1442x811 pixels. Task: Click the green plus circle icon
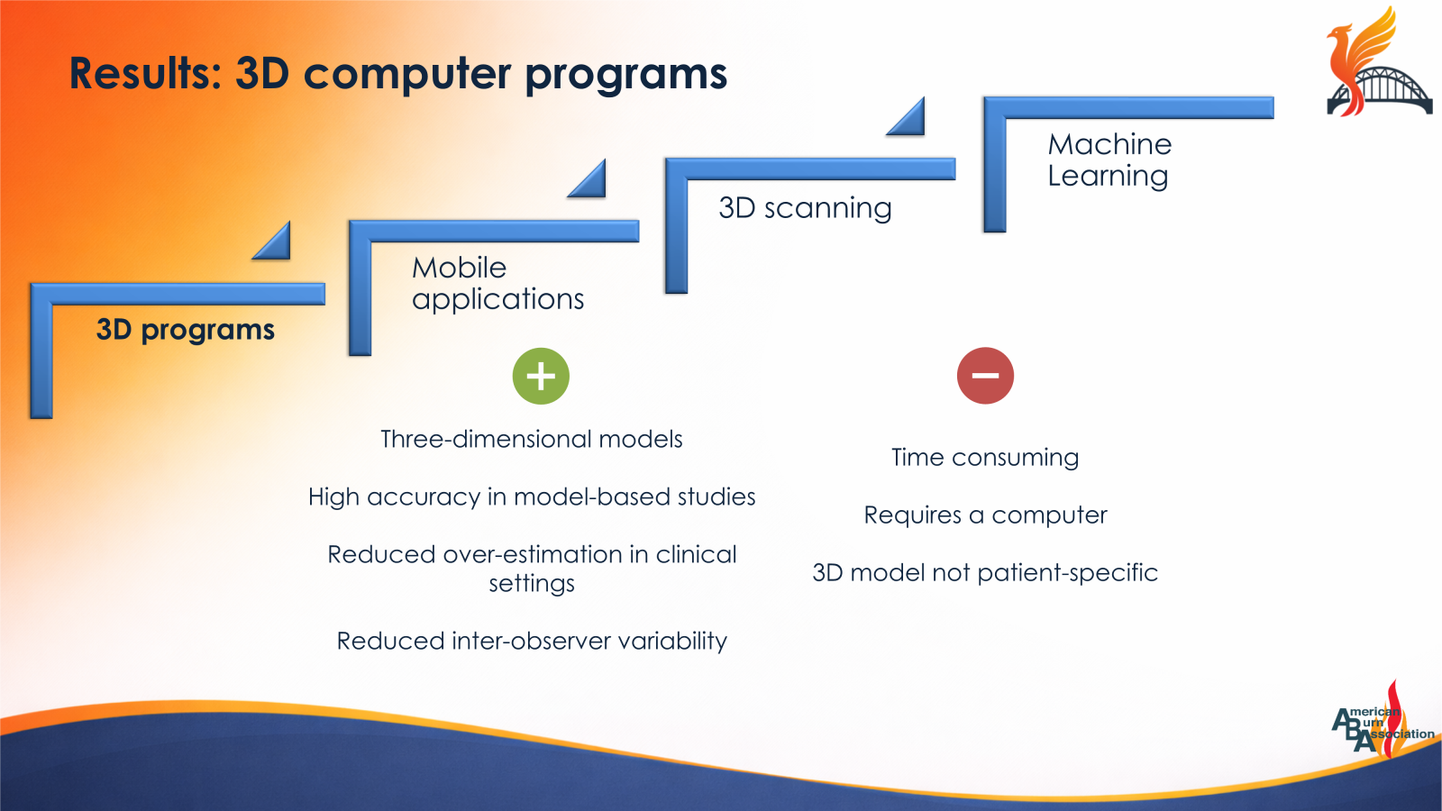tap(541, 376)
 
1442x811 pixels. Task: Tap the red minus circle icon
tap(985, 376)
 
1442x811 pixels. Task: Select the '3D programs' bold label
tap(185, 330)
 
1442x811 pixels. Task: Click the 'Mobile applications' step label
tap(497, 283)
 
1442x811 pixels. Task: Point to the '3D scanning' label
tap(805, 208)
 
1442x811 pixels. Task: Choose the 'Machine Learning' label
tap(1109, 159)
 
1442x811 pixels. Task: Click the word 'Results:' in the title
tap(145, 74)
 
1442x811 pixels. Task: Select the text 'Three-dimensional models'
tap(531, 439)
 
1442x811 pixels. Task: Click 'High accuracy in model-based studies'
tap(531, 497)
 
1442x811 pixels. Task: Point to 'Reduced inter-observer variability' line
tap(531, 641)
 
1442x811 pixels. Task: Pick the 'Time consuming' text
tap(984, 458)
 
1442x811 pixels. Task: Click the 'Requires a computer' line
tap(984, 515)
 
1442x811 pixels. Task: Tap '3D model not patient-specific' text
tap(984, 573)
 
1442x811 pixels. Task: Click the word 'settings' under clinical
tap(531, 584)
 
